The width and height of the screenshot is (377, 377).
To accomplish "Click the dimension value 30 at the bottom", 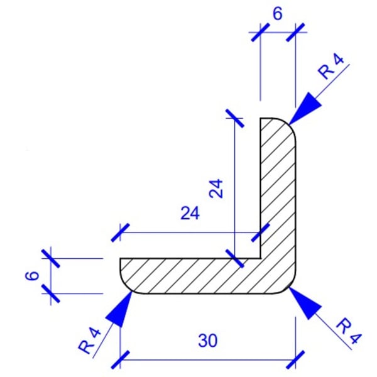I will point(207,341).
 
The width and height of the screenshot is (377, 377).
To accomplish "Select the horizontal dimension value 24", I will point(189,214).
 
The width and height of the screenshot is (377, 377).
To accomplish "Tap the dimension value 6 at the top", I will point(277,14).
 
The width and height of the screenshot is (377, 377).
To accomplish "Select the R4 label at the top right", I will point(332,67).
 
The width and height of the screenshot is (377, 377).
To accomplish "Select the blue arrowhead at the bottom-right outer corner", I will point(305,303).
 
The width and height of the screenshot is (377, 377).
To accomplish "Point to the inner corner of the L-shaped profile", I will point(260,257).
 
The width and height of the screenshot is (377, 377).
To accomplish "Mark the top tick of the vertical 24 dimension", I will point(233,116).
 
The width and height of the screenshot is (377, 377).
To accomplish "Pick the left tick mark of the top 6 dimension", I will point(260,31).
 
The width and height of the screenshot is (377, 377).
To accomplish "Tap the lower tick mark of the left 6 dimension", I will point(51,293).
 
